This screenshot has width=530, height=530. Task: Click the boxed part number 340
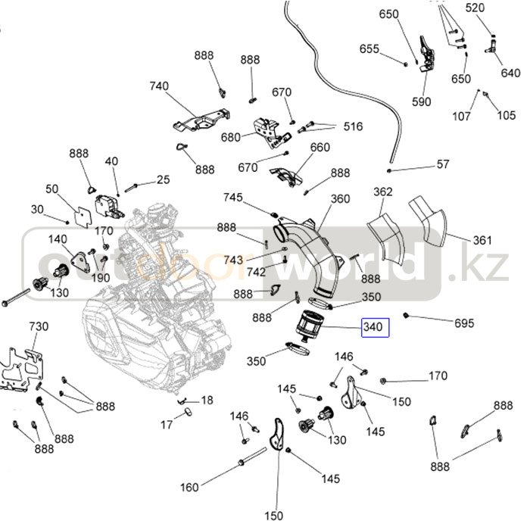click(375, 327)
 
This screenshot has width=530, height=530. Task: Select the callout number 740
click(159, 86)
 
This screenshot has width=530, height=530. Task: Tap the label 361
click(482, 241)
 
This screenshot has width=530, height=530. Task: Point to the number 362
click(383, 192)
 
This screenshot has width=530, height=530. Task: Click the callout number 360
click(341, 199)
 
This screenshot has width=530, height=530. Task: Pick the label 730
click(38, 326)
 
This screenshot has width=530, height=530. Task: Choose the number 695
click(464, 323)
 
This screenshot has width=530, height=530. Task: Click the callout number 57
click(443, 164)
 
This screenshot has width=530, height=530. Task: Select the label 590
click(422, 102)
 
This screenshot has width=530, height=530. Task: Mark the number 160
click(190, 486)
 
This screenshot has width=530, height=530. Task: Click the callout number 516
click(353, 126)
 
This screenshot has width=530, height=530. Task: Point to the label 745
click(232, 198)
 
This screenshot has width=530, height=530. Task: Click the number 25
click(164, 179)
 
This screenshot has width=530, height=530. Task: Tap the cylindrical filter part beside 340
click(308, 328)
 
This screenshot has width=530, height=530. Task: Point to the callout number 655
click(369, 49)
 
